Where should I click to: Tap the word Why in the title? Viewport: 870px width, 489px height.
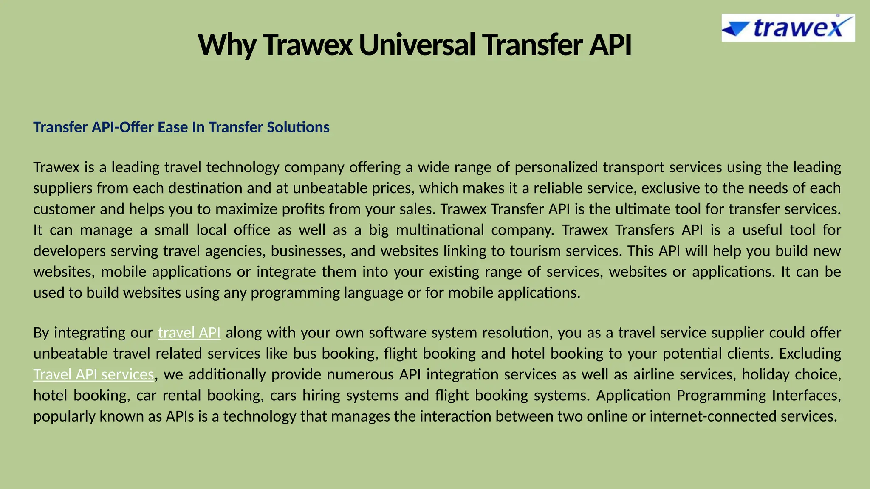(227, 45)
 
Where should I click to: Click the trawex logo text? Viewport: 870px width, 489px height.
(798, 28)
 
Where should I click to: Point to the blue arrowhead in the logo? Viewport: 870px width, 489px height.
(735, 29)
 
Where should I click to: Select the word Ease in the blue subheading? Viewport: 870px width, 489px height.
(173, 127)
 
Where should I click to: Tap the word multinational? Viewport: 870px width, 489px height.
(440, 230)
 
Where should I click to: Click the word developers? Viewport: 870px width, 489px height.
(70, 251)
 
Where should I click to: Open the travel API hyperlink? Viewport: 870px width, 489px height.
(189, 333)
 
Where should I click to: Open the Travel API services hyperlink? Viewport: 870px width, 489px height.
(93, 374)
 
